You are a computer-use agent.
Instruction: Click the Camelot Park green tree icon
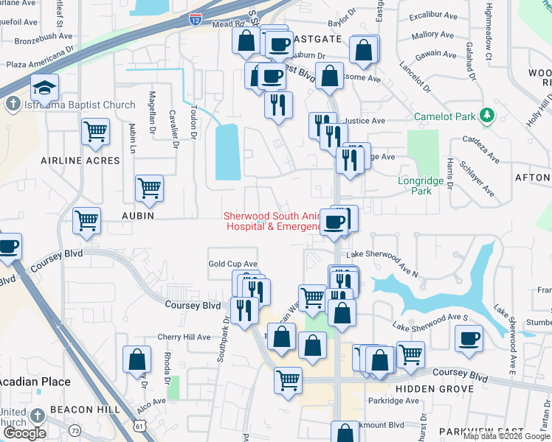coord(486,116)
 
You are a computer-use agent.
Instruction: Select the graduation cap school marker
coord(45,88)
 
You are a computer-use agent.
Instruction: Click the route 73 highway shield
coord(74,429)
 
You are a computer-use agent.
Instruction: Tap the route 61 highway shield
coord(141,426)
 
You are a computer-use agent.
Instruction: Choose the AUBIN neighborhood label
coord(139,216)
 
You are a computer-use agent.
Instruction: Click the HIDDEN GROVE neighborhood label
coord(434,388)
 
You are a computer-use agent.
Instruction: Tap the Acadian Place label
coord(35,382)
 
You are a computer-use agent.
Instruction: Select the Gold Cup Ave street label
coord(232,264)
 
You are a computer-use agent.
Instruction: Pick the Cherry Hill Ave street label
coord(184,337)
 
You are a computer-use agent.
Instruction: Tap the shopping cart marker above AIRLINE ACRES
coord(95,132)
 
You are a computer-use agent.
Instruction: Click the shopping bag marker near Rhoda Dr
coord(137,359)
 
